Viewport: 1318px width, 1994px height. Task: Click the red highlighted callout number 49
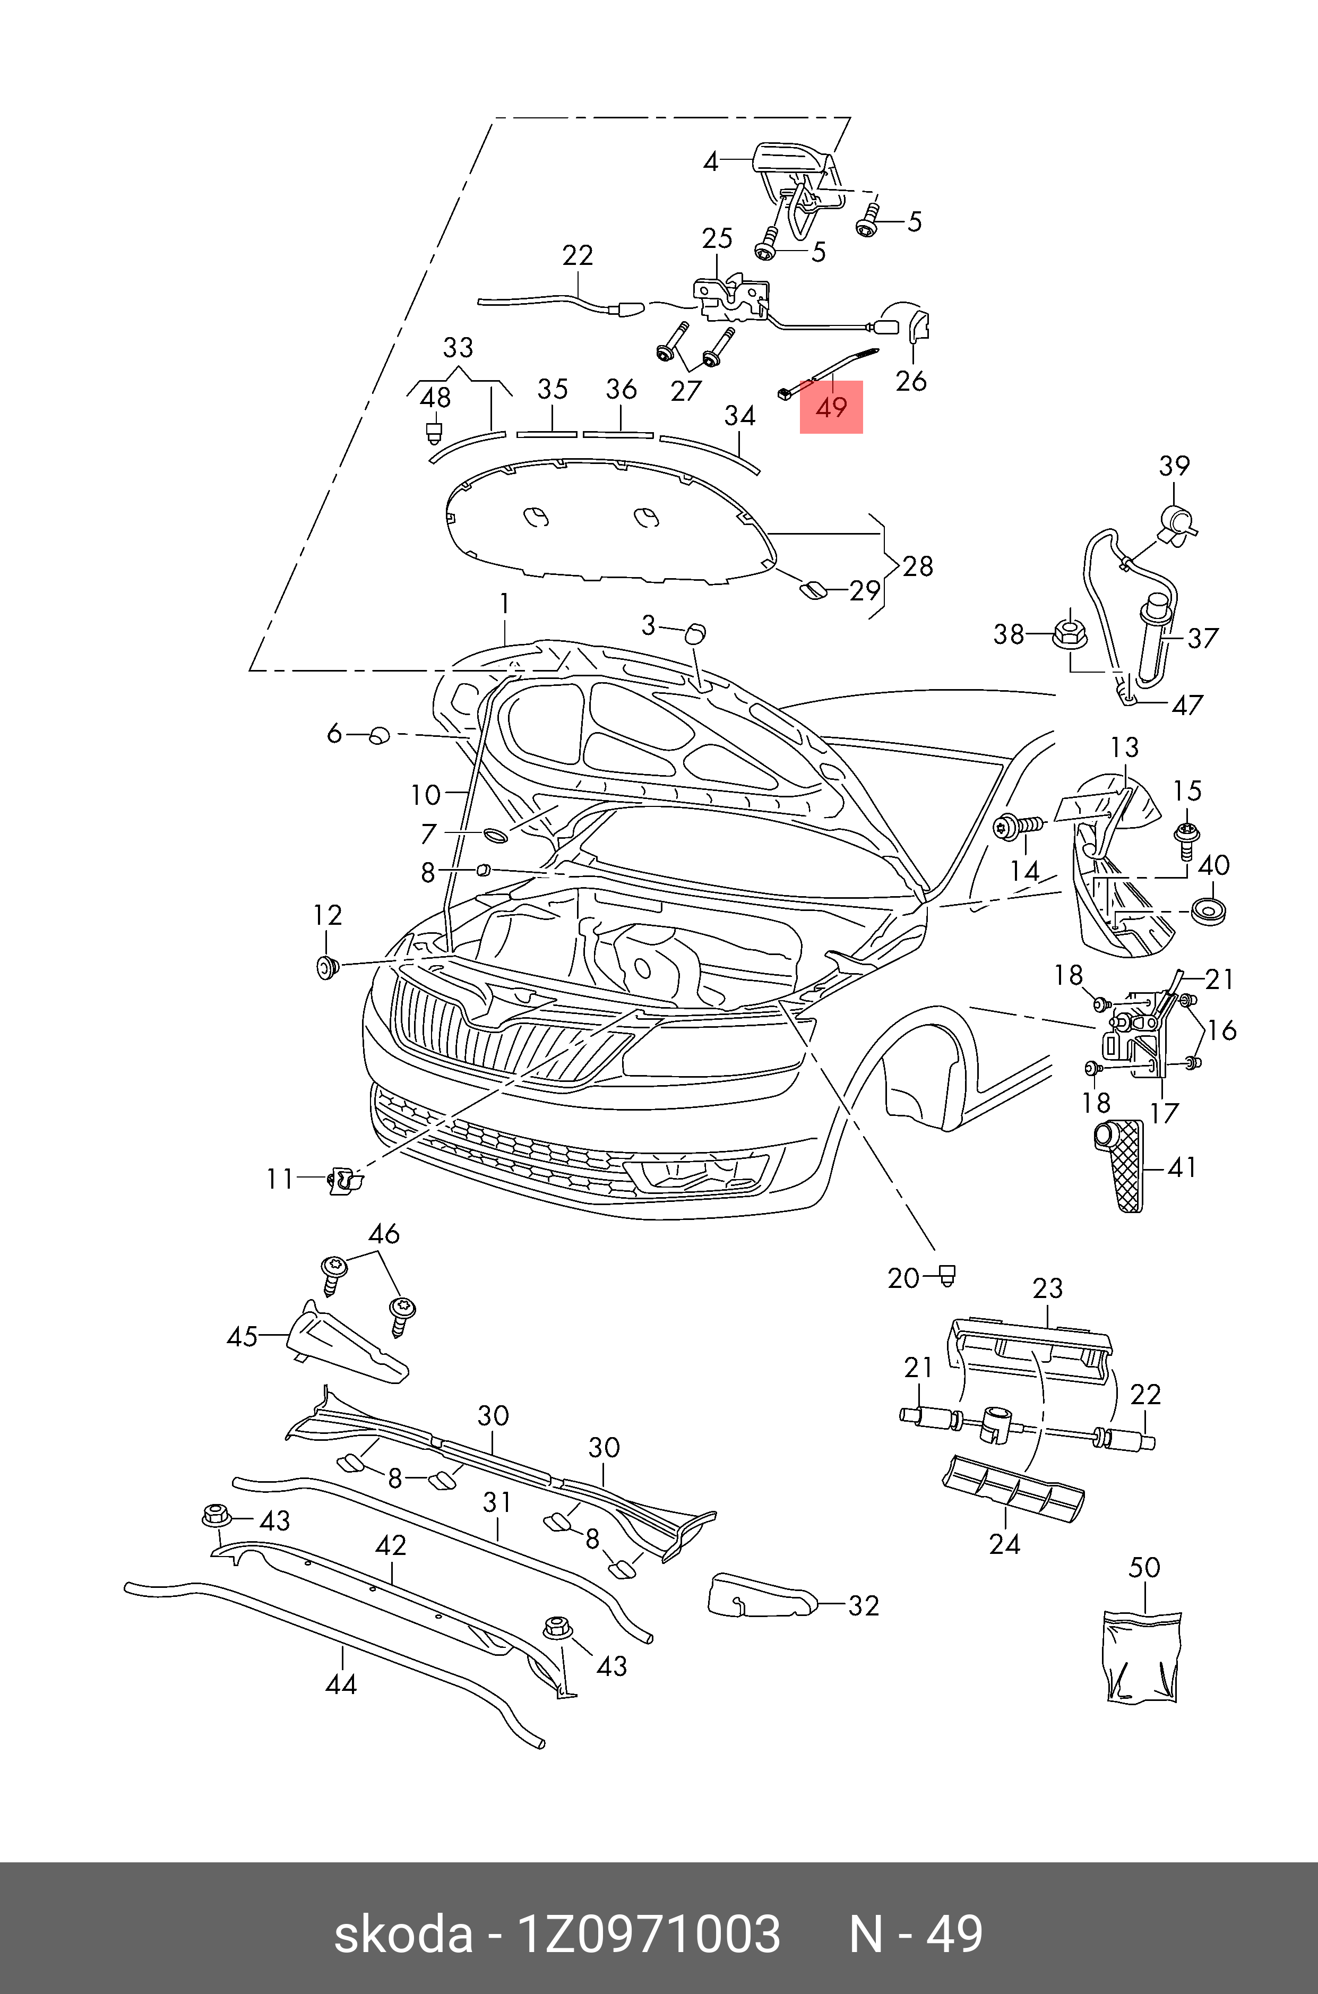(x=831, y=408)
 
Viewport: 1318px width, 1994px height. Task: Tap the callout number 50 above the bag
(x=1144, y=1567)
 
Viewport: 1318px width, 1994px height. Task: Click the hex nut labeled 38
(x=1069, y=635)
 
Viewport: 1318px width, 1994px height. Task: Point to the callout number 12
(x=328, y=915)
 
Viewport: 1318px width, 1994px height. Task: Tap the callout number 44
(x=341, y=1684)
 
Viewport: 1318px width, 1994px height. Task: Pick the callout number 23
(x=1047, y=1288)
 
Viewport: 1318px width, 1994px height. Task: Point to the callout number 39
(x=1174, y=466)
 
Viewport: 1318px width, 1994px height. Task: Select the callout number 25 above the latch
(x=717, y=239)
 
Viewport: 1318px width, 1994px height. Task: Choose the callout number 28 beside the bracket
(x=918, y=566)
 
